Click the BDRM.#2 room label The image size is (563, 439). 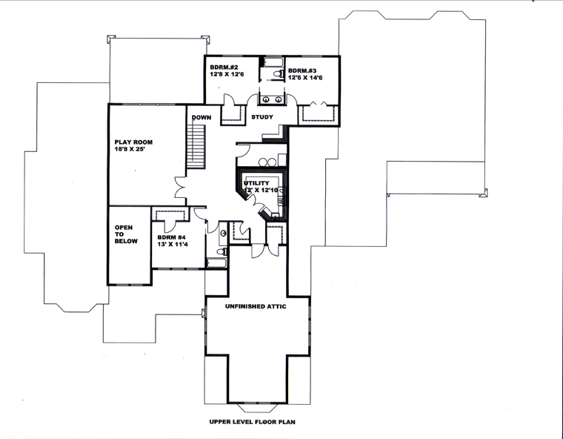pos(223,67)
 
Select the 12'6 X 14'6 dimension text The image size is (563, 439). pos(305,78)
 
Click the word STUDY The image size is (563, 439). pos(262,117)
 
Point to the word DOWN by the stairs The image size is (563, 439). pos(201,117)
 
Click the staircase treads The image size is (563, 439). pos(196,147)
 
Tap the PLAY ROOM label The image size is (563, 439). pos(133,142)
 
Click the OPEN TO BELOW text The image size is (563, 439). pos(126,234)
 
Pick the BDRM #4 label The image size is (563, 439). pos(172,237)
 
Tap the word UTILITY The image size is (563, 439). pos(256,183)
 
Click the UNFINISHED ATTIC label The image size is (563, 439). pos(256,306)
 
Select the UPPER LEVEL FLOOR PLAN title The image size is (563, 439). pos(253,422)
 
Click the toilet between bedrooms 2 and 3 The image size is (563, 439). pos(279,73)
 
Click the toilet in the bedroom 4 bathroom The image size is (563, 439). pos(223,251)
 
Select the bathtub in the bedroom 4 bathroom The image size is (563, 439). pos(217,263)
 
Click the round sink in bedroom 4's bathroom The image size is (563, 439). pos(224,234)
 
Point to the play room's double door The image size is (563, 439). pos(181,187)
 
